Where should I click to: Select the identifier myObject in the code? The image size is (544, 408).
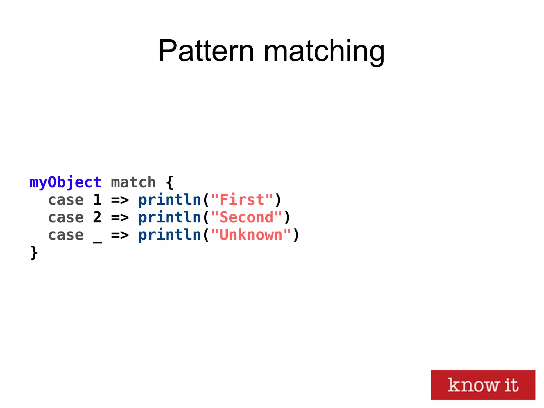coord(65,183)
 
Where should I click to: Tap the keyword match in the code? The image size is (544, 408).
coord(133,183)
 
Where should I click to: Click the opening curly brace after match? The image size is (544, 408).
coord(170,183)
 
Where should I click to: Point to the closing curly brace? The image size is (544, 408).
coord(34,253)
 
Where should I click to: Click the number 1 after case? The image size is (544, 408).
coord(97,200)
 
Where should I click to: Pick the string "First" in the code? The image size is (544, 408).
coord(242,200)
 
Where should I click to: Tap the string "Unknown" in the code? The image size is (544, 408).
coord(251,235)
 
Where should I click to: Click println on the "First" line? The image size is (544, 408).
coord(170,200)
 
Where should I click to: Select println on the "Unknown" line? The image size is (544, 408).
coord(170,235)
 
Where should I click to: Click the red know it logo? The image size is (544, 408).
coord(483,385)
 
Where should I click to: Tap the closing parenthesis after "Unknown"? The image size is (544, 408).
coord(296,235)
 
